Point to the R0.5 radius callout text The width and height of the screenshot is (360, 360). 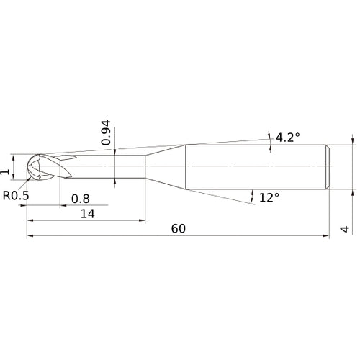tap(17, 195)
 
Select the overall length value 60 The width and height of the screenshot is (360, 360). tap(179, 228)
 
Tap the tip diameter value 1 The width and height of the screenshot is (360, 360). tap(6, 171)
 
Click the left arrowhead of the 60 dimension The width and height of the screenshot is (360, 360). tap(30, 235)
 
